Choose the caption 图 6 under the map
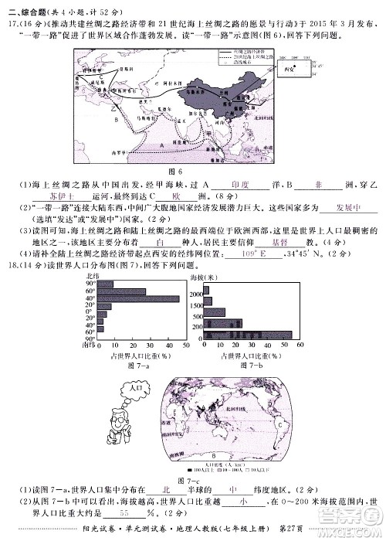[183, 171]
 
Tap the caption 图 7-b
[251, 364]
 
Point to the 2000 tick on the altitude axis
[197, 294]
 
